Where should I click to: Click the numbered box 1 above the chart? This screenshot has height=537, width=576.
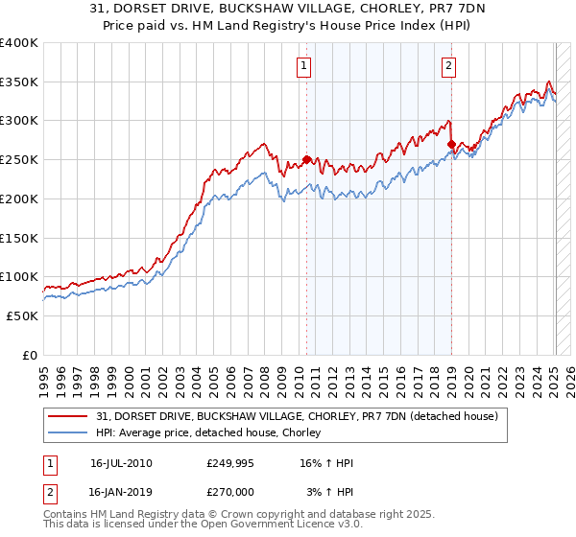tap(303, 66)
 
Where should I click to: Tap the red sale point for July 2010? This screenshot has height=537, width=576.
tap(306, 160)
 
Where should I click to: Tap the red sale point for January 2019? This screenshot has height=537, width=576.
tap(451, 145)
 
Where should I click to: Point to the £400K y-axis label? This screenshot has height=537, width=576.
tap(19, 43)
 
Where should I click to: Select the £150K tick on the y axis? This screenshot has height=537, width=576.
tap(19, 238)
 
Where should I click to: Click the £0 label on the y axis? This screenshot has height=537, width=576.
tap(30, 355)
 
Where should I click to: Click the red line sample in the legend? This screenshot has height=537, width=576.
tap(69, 416)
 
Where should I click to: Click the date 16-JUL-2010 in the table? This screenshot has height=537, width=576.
tap(121, 463)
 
